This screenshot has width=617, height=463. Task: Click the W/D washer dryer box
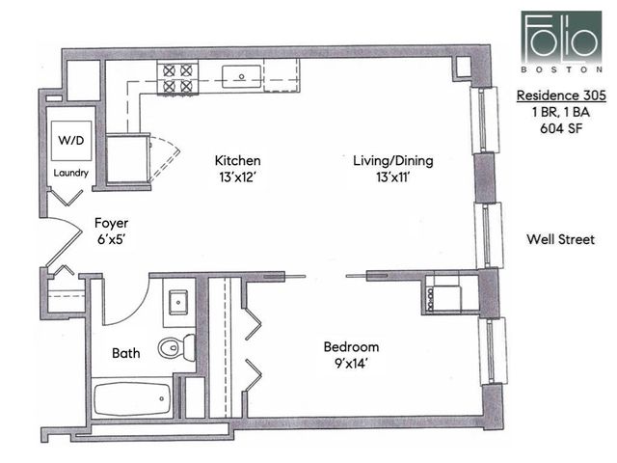point(71,141)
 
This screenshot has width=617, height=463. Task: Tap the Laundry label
point(71,174)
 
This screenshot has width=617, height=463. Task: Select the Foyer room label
point(111,223)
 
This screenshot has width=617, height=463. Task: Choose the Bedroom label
point(351,347)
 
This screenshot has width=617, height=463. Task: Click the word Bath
point(125,353)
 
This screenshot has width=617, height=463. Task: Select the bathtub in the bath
point(132,397)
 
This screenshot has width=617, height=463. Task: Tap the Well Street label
point(560,239)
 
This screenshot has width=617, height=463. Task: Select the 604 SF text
point(560,127)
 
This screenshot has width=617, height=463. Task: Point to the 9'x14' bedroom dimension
point(351,364)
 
